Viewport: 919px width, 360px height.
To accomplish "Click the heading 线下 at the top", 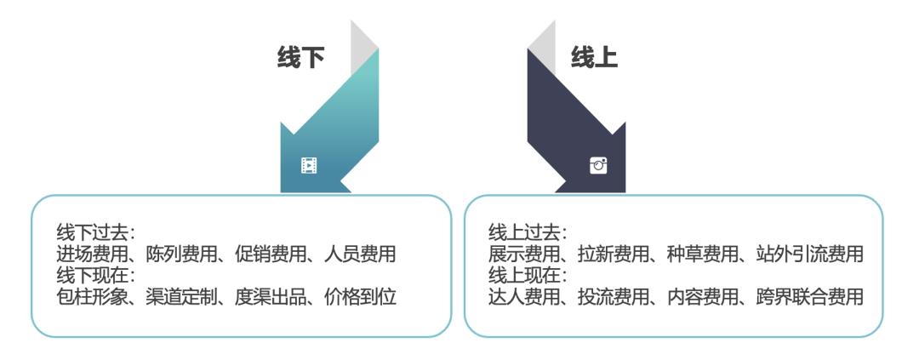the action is click(300, 58).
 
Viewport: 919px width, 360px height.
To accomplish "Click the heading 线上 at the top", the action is click(594, 58).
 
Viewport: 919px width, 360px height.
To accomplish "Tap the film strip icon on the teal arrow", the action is click(309, 166).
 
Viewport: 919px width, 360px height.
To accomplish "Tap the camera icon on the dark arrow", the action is click(598, 165).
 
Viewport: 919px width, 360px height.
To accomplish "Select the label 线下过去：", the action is click(97, 233).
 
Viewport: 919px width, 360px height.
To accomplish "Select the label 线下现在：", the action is click(97, 275).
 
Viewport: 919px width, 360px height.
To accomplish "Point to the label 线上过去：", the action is click(528, 233).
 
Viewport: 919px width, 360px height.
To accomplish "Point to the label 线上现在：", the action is click(528, 275).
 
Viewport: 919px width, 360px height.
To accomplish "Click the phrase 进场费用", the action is click(93, 254).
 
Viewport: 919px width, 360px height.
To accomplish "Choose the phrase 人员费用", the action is click(361, 254).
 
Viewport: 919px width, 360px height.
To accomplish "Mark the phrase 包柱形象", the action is click(93, 297).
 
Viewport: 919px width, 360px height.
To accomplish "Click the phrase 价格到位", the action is click(361, 297).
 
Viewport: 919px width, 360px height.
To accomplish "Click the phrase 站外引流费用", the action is click(810, 254).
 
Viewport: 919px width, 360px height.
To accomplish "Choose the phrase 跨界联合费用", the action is click(810, 297).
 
